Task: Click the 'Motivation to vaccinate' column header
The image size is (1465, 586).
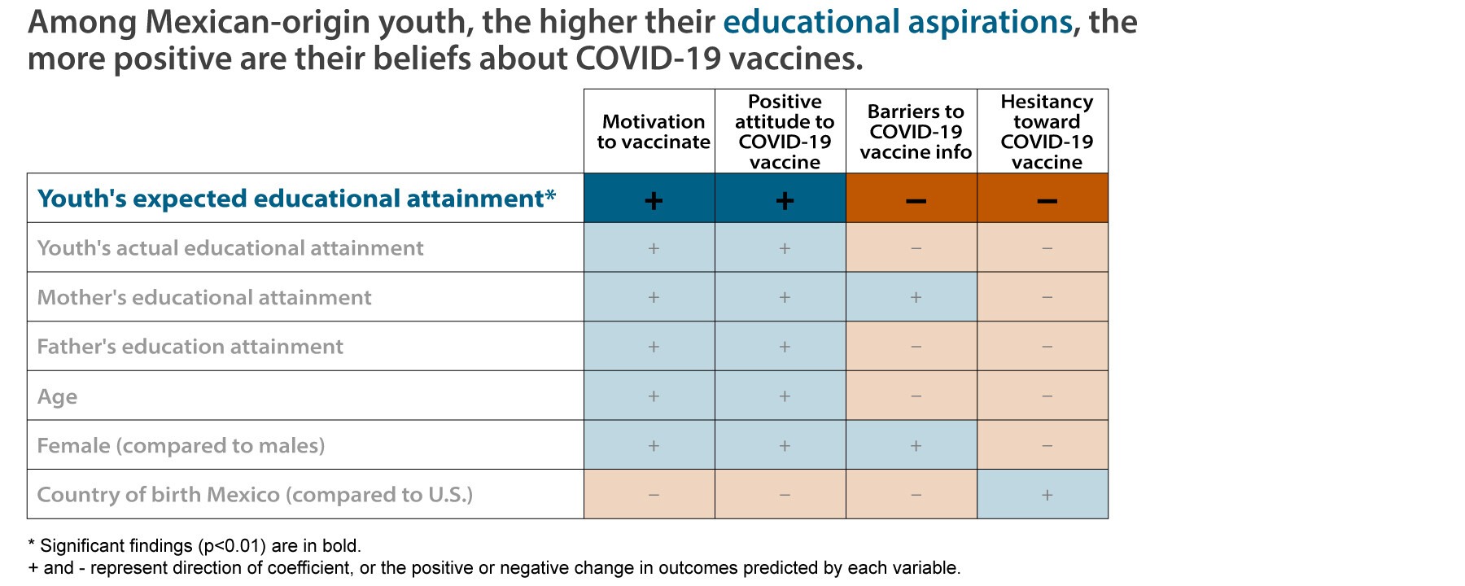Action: coord(653,132)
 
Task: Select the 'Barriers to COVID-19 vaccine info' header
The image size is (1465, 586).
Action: coord(916,132)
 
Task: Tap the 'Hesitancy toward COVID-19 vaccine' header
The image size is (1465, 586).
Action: coord(1047,132)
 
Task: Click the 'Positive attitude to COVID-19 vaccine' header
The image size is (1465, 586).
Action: coord(785,132)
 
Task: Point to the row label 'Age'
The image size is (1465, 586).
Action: coord(58,396)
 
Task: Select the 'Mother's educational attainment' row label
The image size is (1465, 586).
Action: coord(204,298)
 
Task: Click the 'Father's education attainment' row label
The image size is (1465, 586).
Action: coord(190,347)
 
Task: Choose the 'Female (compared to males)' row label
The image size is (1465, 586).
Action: coord(181,446)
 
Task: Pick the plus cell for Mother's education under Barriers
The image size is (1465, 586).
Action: coord(916,297)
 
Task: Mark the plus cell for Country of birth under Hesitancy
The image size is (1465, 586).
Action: coord(1047,495)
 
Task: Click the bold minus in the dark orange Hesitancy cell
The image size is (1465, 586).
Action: coord(1047,200)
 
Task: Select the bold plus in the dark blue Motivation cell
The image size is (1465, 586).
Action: coord(653,200)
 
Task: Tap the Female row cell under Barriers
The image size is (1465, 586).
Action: coord(916,445)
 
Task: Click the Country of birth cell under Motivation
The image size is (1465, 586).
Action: coord(653,495)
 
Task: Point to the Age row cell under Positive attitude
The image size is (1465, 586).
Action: coord(785,396)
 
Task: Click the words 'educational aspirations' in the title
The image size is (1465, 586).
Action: coord(898,23)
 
